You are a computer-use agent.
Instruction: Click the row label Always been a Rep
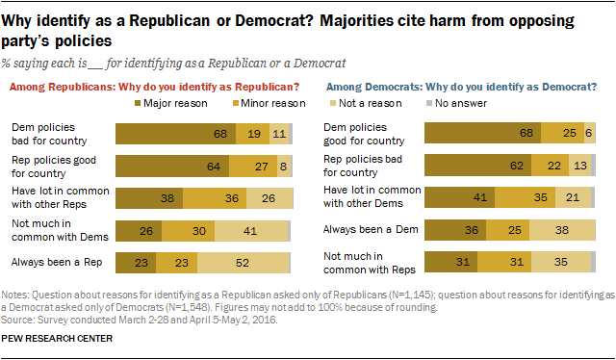pyautogui.click(x=44, y=262)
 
